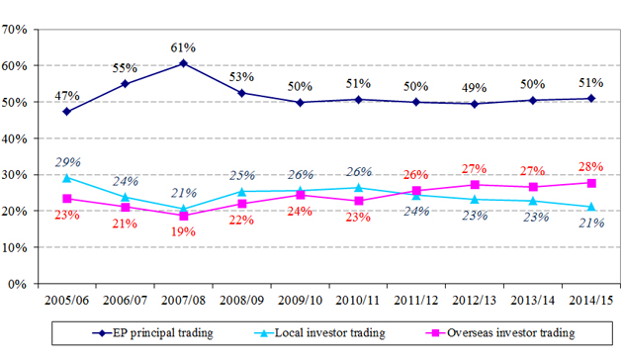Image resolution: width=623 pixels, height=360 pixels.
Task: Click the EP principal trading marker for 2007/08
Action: pyautogui.click(x=183, y=63)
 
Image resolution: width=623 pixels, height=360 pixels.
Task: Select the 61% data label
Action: pyautogui.click(x=183, y=47)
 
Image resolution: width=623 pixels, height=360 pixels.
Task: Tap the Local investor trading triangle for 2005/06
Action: pyautogui.click(x=67, y=178)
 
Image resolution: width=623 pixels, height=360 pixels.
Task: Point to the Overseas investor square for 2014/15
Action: pyautogui.click(x=591, y=183)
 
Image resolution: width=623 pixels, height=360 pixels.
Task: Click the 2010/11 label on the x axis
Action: pyautogui.click(x=358, y=300)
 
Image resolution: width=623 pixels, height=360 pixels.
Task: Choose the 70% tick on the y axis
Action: pyautogui.click(x=14, y=30)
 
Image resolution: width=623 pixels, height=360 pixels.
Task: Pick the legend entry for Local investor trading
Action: pyautogui.click(x=319, y=333)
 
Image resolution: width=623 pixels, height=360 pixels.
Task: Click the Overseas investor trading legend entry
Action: pyautogui.click(x=500, y=333)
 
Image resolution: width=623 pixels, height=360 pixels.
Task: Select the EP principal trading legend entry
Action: pyautogui.click(x=152, y=333)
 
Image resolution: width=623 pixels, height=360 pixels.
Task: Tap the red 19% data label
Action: pyautogui.click(x=183, y=231)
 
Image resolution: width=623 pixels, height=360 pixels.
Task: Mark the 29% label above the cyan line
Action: pyautogui.click(x=68, y=162)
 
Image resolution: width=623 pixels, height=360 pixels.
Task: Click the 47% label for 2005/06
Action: pyautogui.click(x=67, y=96)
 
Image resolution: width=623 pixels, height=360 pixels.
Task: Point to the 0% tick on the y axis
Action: pyautogui.click(x=17, y=284)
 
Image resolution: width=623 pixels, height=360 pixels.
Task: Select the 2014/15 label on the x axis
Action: pyautogui.click(x=591, y=300)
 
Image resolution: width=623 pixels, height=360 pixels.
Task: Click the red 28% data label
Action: pyautogui.click(x=590, y=166)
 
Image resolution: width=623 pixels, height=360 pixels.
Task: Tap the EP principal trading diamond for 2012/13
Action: pyautogui.click(x=475, y=104)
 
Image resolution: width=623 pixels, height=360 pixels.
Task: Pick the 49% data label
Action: pyautogui.click(x=475, y=88)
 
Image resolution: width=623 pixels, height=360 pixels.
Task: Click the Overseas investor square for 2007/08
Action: pyautogui.click(x=183, y=217)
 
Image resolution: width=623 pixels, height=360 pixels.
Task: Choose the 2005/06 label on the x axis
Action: pyautogui.click(x=67, y=300)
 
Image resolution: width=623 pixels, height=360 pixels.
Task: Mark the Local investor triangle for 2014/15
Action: pyautogui.click(x=591, y=207)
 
